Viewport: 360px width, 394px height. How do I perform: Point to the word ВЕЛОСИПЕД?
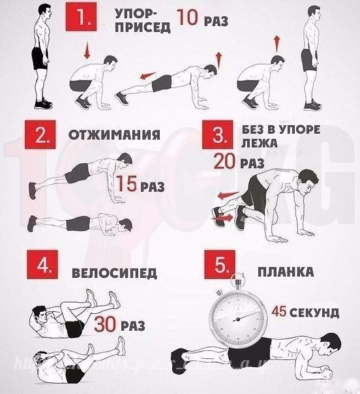pyautogui.click(x=114, y=273)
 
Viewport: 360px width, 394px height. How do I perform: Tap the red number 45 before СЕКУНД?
pyautogui.click(x=280, y=311)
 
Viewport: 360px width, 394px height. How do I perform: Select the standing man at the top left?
pyautogui.click(x=40, y=55)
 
